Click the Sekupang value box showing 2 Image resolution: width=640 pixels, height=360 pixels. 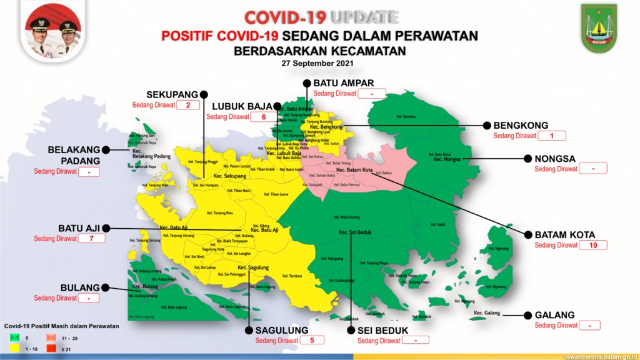click(x=187, y=105)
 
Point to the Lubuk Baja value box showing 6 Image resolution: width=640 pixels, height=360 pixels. click(x=264, y=117)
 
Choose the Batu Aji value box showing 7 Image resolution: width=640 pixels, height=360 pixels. click(x=91, y=238)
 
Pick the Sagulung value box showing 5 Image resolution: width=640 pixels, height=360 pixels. click(x=312, y=341)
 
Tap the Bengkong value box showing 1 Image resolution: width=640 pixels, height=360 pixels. click(x=552, y=136)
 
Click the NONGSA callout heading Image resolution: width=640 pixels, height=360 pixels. click(x=555, y=159)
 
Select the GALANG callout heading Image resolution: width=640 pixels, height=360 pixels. click(x=555, y=315)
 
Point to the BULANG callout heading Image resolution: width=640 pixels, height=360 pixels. click(x=80, y=287)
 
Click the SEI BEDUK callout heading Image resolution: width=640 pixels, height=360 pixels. click(x=382, y=330)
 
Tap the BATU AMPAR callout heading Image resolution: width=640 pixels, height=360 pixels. click(x=344, y=83)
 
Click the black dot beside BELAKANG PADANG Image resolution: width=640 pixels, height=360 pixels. click(x=107, y=149)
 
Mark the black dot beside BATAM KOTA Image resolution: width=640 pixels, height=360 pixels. click(x=526, y=235)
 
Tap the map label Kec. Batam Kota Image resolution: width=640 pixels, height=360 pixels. click(x=354, y=169)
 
